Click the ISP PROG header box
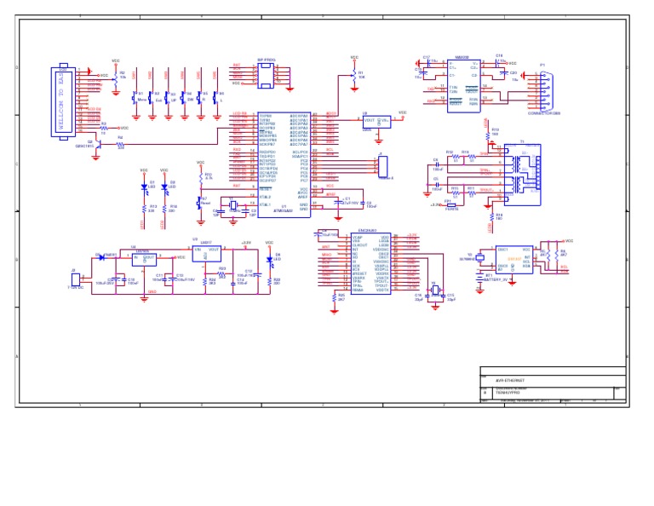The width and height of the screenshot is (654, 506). click(266, 76)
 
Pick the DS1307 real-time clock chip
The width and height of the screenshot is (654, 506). click(514, 259)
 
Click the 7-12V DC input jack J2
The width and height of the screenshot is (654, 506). click(75, 279)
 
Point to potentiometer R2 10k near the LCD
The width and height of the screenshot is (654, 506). click(115, 76)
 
